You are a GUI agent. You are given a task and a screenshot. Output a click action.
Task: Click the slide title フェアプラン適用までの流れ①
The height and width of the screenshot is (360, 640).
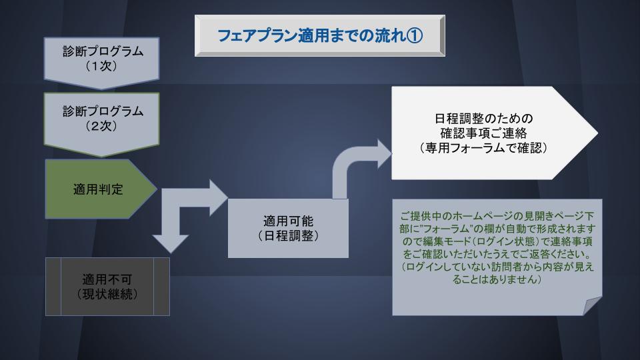(x=319, y=35)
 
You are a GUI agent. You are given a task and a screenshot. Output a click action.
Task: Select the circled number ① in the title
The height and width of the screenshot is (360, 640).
(x=415, y=35)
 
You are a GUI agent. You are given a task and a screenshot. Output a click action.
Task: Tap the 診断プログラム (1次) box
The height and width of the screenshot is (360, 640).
(x=103, y=59)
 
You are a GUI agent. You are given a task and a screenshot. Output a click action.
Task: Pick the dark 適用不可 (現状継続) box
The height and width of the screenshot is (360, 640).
(x=107, y=286)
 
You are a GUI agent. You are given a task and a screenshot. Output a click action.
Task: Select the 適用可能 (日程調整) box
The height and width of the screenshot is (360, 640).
(x=288, y=228)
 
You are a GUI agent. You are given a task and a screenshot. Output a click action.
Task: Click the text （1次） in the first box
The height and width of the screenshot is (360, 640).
(x=103, y=67)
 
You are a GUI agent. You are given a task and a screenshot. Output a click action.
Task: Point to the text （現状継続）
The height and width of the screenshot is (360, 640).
(x=107, y=294)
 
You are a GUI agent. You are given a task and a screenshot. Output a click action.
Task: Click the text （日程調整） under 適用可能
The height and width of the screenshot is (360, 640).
(x=288, y=236)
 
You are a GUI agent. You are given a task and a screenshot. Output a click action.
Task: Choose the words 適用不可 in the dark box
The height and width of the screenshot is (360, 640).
(x=107, y=279)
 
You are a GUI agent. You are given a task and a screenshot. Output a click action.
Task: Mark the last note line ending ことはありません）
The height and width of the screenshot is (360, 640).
(x=497, y=280)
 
